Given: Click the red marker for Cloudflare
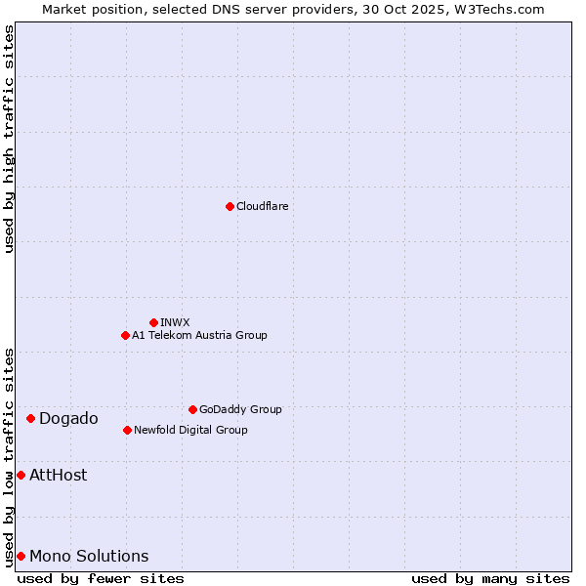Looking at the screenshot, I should (x=230, y=206).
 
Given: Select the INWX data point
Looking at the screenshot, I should (x=153, y=322).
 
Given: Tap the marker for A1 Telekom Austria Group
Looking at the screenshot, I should (x=125, y=335).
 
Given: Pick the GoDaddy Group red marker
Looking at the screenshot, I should (x=192, y=409).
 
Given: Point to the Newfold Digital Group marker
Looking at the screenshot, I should (x=127, y=430).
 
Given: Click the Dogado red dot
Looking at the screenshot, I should (x=30, y=418).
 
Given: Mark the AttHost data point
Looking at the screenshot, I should (x=21, y=475).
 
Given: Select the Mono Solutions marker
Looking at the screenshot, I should (x=21, y=556).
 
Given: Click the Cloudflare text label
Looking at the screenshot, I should (x=262, y=206).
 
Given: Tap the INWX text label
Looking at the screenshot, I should (x=175, y=322).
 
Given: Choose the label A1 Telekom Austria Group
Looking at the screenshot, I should (x=199, y=335).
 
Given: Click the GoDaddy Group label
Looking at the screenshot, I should (x=240, y=409).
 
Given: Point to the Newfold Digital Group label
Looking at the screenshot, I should (x=190, y=430).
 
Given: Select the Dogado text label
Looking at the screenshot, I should (x=68, y=418).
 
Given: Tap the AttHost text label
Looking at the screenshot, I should (x=59, y=475).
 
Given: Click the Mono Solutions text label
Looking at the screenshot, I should (x=89, y=556).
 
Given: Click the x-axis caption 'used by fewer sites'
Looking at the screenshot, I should (x=101, y=578).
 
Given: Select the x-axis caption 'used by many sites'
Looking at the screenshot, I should (x=490, y=578).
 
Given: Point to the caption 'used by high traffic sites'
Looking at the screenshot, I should (x=9, y=139).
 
